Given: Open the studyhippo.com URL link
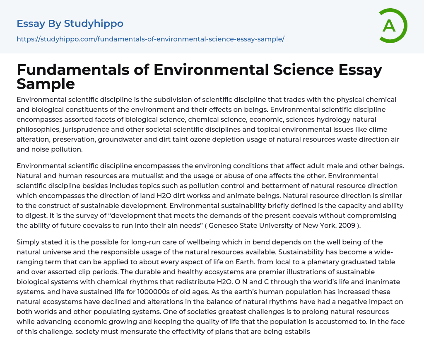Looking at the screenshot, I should [150, 39].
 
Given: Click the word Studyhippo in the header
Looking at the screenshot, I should [94, 24].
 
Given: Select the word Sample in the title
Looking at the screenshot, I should [46, 84].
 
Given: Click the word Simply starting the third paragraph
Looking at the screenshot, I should [29, 242].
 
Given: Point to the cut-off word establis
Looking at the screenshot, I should [295, 331].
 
